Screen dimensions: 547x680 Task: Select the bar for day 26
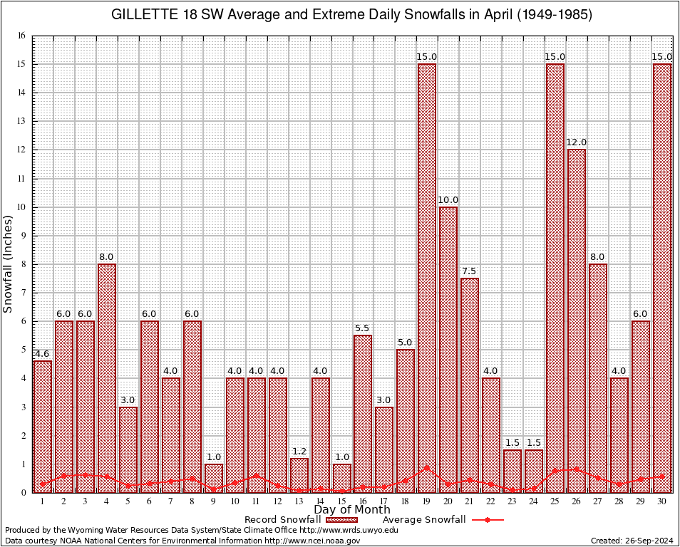(x=577, y=321)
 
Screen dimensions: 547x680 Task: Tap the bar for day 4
(x=107, y=377)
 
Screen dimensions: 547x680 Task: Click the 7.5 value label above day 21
(x=470, y=271)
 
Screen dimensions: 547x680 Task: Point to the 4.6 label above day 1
(x=42, y=353)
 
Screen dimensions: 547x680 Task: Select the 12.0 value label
(x=577, y=142)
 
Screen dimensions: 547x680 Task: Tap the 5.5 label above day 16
(x=363, y=328)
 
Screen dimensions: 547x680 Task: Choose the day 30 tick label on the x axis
(x=662, y=501)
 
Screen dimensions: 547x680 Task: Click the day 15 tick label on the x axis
(x=341, y=501)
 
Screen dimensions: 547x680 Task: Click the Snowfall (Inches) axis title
(x=9, y=264)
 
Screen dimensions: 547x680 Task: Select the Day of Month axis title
(x=352, y=510)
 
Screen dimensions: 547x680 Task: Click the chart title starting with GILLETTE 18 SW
(x=352, y=15)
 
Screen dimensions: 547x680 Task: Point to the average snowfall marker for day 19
(x=427, y=468)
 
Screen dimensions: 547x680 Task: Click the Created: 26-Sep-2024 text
(x=632, y=541)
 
